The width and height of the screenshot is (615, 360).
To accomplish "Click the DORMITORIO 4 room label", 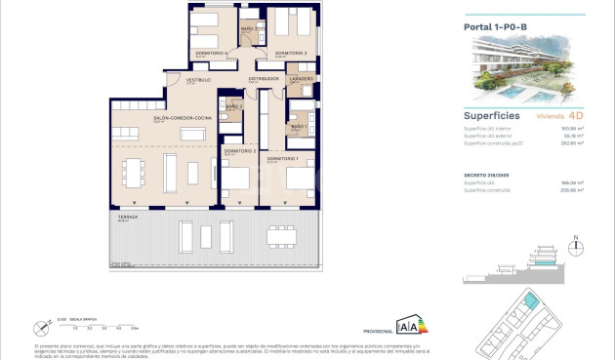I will point(212,53).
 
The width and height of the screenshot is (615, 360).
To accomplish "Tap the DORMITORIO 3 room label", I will point(291,53).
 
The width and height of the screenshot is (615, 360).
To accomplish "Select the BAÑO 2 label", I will point(248,29).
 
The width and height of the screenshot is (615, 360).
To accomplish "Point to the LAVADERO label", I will point(301,78).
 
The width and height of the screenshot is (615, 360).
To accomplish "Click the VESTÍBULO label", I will point(199,80).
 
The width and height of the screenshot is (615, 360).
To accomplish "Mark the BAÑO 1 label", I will point(299,126).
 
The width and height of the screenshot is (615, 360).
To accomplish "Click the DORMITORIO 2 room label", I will point(240,151).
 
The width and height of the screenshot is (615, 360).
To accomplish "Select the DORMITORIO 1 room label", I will point(284,157).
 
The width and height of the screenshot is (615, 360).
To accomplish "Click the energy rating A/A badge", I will point(411,326).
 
